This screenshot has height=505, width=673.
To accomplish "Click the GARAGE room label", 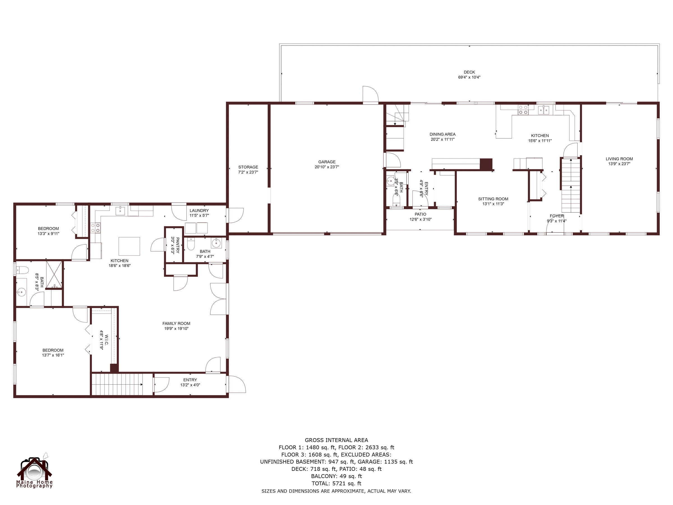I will (327, 162).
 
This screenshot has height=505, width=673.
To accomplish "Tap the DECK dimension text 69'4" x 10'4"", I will (469, 77).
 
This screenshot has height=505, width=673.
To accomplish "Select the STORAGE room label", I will (248, 167).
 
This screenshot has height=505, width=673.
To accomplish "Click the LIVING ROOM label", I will (619, 159).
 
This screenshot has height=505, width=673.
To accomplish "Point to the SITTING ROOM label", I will (493, 199).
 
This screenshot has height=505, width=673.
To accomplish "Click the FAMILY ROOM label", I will (176, 323).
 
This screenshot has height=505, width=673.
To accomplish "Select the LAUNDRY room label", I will (199, 211).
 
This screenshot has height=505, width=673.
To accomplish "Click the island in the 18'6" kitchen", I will (129, 246).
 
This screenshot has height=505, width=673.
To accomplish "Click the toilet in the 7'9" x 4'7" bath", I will (191, 244).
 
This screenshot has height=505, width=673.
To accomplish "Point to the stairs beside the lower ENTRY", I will (117, 384).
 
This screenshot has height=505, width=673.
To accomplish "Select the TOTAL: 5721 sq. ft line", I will (336, 483).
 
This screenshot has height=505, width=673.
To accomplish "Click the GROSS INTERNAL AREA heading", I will (336, 440).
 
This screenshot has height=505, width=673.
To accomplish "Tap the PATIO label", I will (420, 214).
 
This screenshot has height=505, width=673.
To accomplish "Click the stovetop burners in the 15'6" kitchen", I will (523, 110).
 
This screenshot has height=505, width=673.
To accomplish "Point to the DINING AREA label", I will (442, 134).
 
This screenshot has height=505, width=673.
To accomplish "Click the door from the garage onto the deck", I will (370, 95).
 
